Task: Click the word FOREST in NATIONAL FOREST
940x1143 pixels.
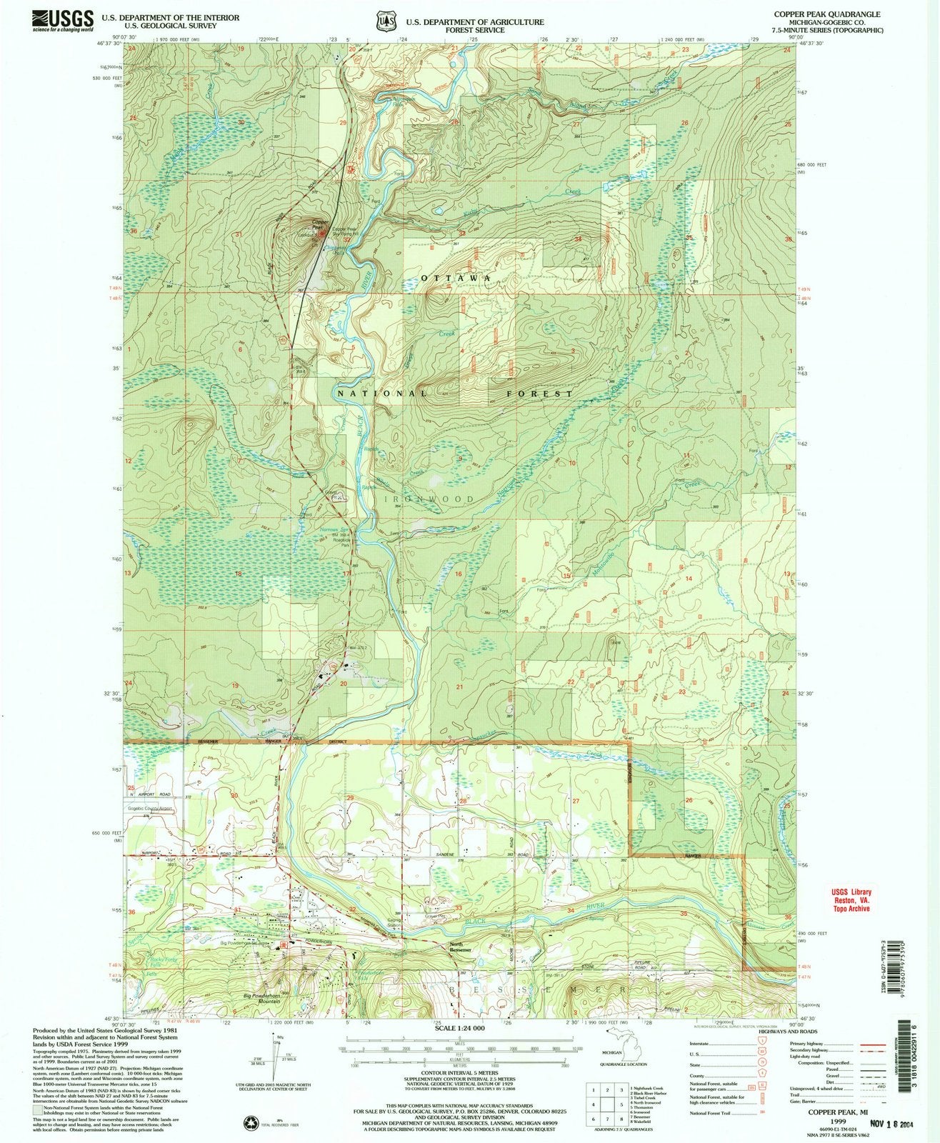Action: pyautogui.click(x=530, y=394)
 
